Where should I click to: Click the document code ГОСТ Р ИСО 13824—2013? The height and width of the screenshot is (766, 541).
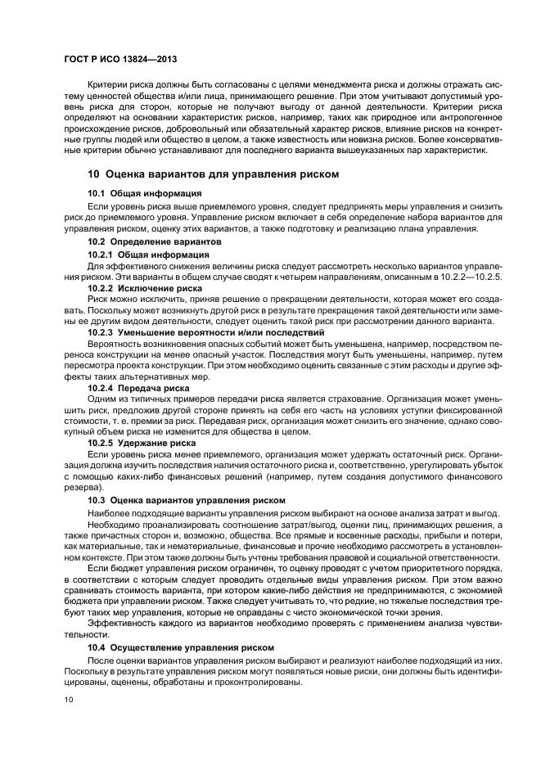(x=121, y=60)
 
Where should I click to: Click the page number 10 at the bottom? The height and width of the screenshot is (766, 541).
(x=69, y=700)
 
